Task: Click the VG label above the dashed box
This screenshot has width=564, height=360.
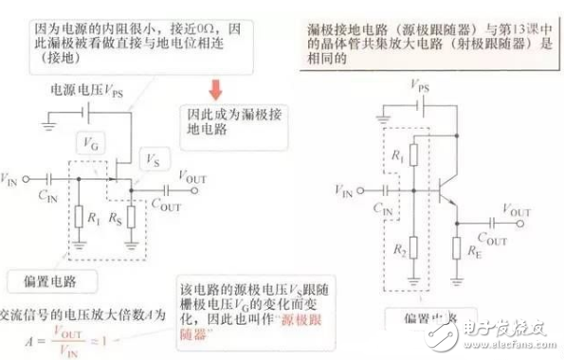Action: point(90,145)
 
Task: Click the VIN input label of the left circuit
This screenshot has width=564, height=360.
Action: point(14,177)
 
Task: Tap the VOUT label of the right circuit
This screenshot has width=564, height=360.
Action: point(517,211)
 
